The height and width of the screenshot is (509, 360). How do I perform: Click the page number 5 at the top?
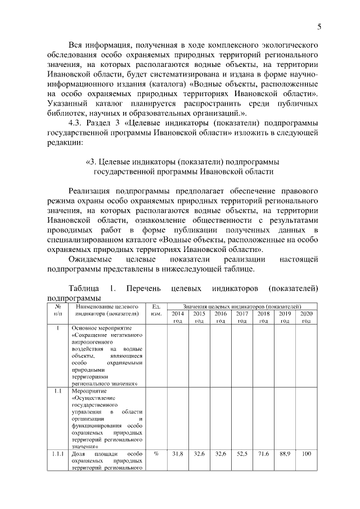tap(319, 26)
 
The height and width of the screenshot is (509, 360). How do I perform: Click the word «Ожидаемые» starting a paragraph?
tap(89, 259)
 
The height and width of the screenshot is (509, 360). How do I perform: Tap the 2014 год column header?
tap(177, 317)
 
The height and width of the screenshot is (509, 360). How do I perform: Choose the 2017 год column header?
tap(242, 317)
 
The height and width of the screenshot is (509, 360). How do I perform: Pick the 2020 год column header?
tap(306, 317)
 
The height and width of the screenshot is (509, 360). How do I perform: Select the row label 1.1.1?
tap(57, 453)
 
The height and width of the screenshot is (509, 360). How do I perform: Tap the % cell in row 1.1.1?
tap(157, 453)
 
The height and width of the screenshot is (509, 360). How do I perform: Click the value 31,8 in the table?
tap(177, 453)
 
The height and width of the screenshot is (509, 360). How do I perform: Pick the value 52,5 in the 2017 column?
tap(242, 453)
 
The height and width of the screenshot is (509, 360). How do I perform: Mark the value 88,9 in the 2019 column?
tap(285, 453)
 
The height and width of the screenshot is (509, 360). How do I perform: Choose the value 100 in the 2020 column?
tap(306, 453)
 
